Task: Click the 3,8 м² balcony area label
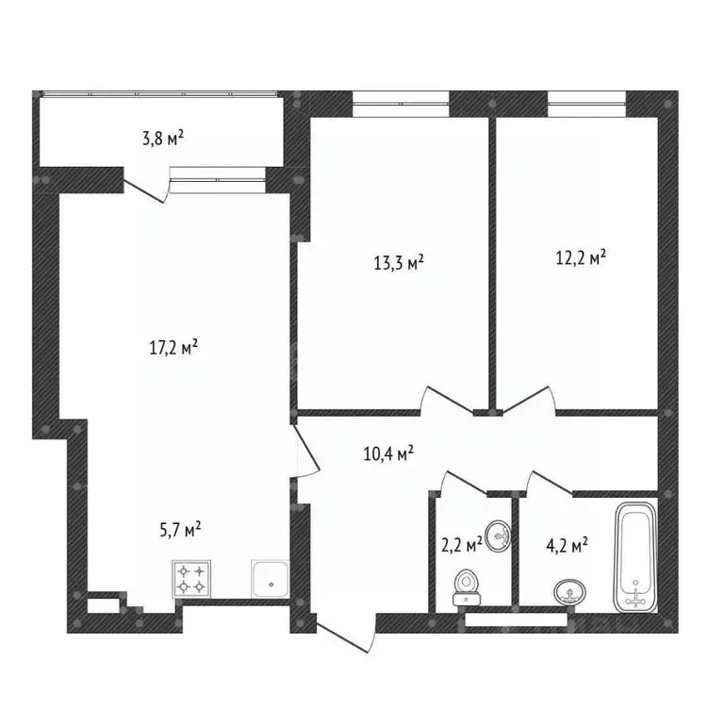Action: click(x=163, y=138)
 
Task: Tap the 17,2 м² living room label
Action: click(x=173, y=347)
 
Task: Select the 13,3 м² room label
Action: click(x=399, y=262)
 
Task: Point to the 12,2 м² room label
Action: click(x=581, y=257)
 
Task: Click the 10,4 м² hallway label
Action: click(x=388, y=452)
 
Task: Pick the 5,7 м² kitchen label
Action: click(x=180, y=529)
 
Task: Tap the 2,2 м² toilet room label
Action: click(x=462, y=545)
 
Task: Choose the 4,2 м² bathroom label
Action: click(x=567, y=545)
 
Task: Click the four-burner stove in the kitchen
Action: click(x=191, y=579)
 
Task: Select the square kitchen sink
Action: click(x=271, y=579)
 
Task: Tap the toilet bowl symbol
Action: click(x=467, y=587)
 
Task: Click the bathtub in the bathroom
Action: click(x=635, y=557)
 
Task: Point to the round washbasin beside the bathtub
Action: click(x=569, y=591)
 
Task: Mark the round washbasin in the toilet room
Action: click(x=498, y=536)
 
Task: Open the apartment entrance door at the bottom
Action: click(x=345, y=633)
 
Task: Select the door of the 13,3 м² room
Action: click(x=448, y=400)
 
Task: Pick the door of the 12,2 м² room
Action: click(x=529, y=400)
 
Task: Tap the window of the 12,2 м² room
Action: click(x=587, y=105)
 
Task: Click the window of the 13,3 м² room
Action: click(x=401, y=105)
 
